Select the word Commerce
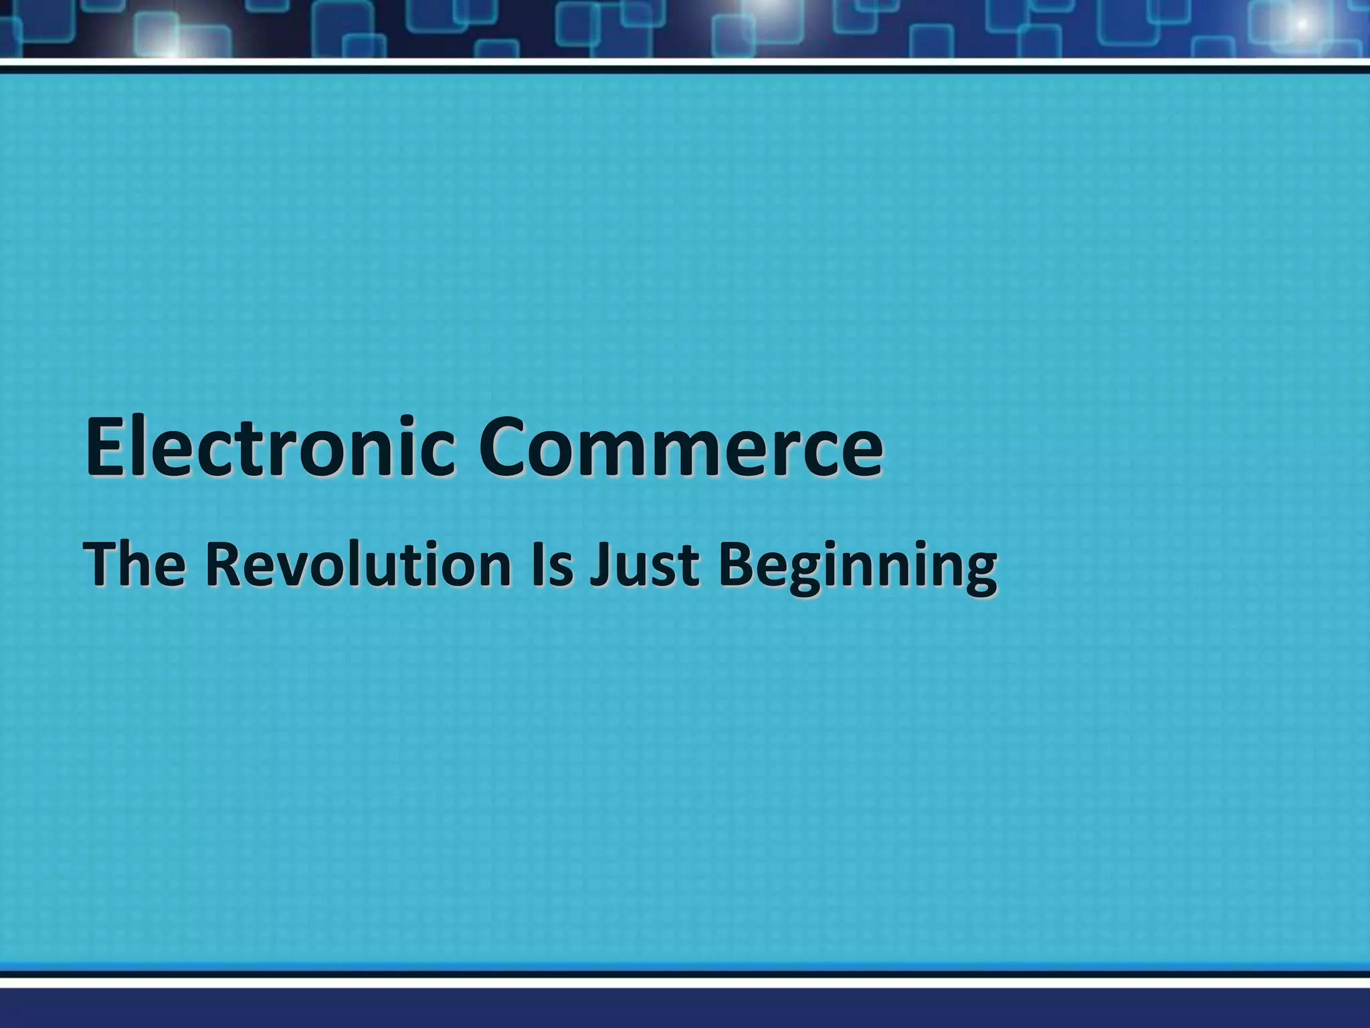[x=680, y=446]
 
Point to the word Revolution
[x=358, y=566]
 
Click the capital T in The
[x=103, y=566]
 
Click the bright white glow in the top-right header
[x=1301, y=24]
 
